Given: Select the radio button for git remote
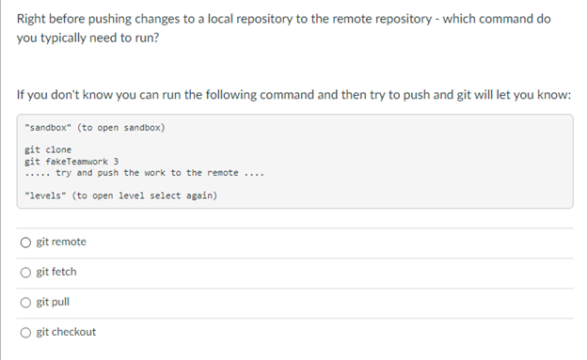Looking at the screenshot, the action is point(25,243).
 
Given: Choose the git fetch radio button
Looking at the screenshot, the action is point(25,273).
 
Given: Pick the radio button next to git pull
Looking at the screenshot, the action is point(25,303).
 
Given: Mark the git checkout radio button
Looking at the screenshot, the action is point(25,333).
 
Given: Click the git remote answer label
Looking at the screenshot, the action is point(61,243).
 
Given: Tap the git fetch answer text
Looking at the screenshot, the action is point(56,273).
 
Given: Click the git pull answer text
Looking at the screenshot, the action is point(53,303).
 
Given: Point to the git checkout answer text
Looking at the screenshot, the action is point(66,333).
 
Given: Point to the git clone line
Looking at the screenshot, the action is point(48,150).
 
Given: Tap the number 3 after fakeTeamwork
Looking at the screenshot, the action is point(116,162).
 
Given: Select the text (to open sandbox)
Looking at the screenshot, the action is point(121,127).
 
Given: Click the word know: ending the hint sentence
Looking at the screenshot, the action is point(550,95).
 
